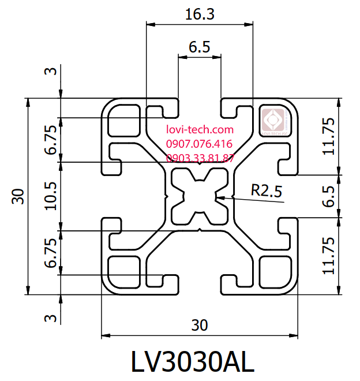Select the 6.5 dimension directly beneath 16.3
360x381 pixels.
tap(199, 47)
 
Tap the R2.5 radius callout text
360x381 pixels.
tap(267, 190)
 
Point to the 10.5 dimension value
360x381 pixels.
tap(50, 196)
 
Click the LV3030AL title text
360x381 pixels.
tap(192, 362)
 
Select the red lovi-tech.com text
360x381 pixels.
tap(200, 130)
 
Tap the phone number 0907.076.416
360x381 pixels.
tap(199, 144)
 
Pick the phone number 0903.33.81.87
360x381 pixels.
tap(200, 158)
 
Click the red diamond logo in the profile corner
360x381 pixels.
tap(275, 121)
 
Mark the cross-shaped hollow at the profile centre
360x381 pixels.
tap(200, 196)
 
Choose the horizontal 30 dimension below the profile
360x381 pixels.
tap(200, 325)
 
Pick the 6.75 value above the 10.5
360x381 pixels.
tap(50, 140)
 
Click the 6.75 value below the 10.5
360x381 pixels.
tap(50, 253)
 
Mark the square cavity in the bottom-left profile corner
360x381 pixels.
tap(125, 269)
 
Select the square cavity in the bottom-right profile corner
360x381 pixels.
tap(274, 269)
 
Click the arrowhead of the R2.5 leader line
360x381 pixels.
tap(217, 197)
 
